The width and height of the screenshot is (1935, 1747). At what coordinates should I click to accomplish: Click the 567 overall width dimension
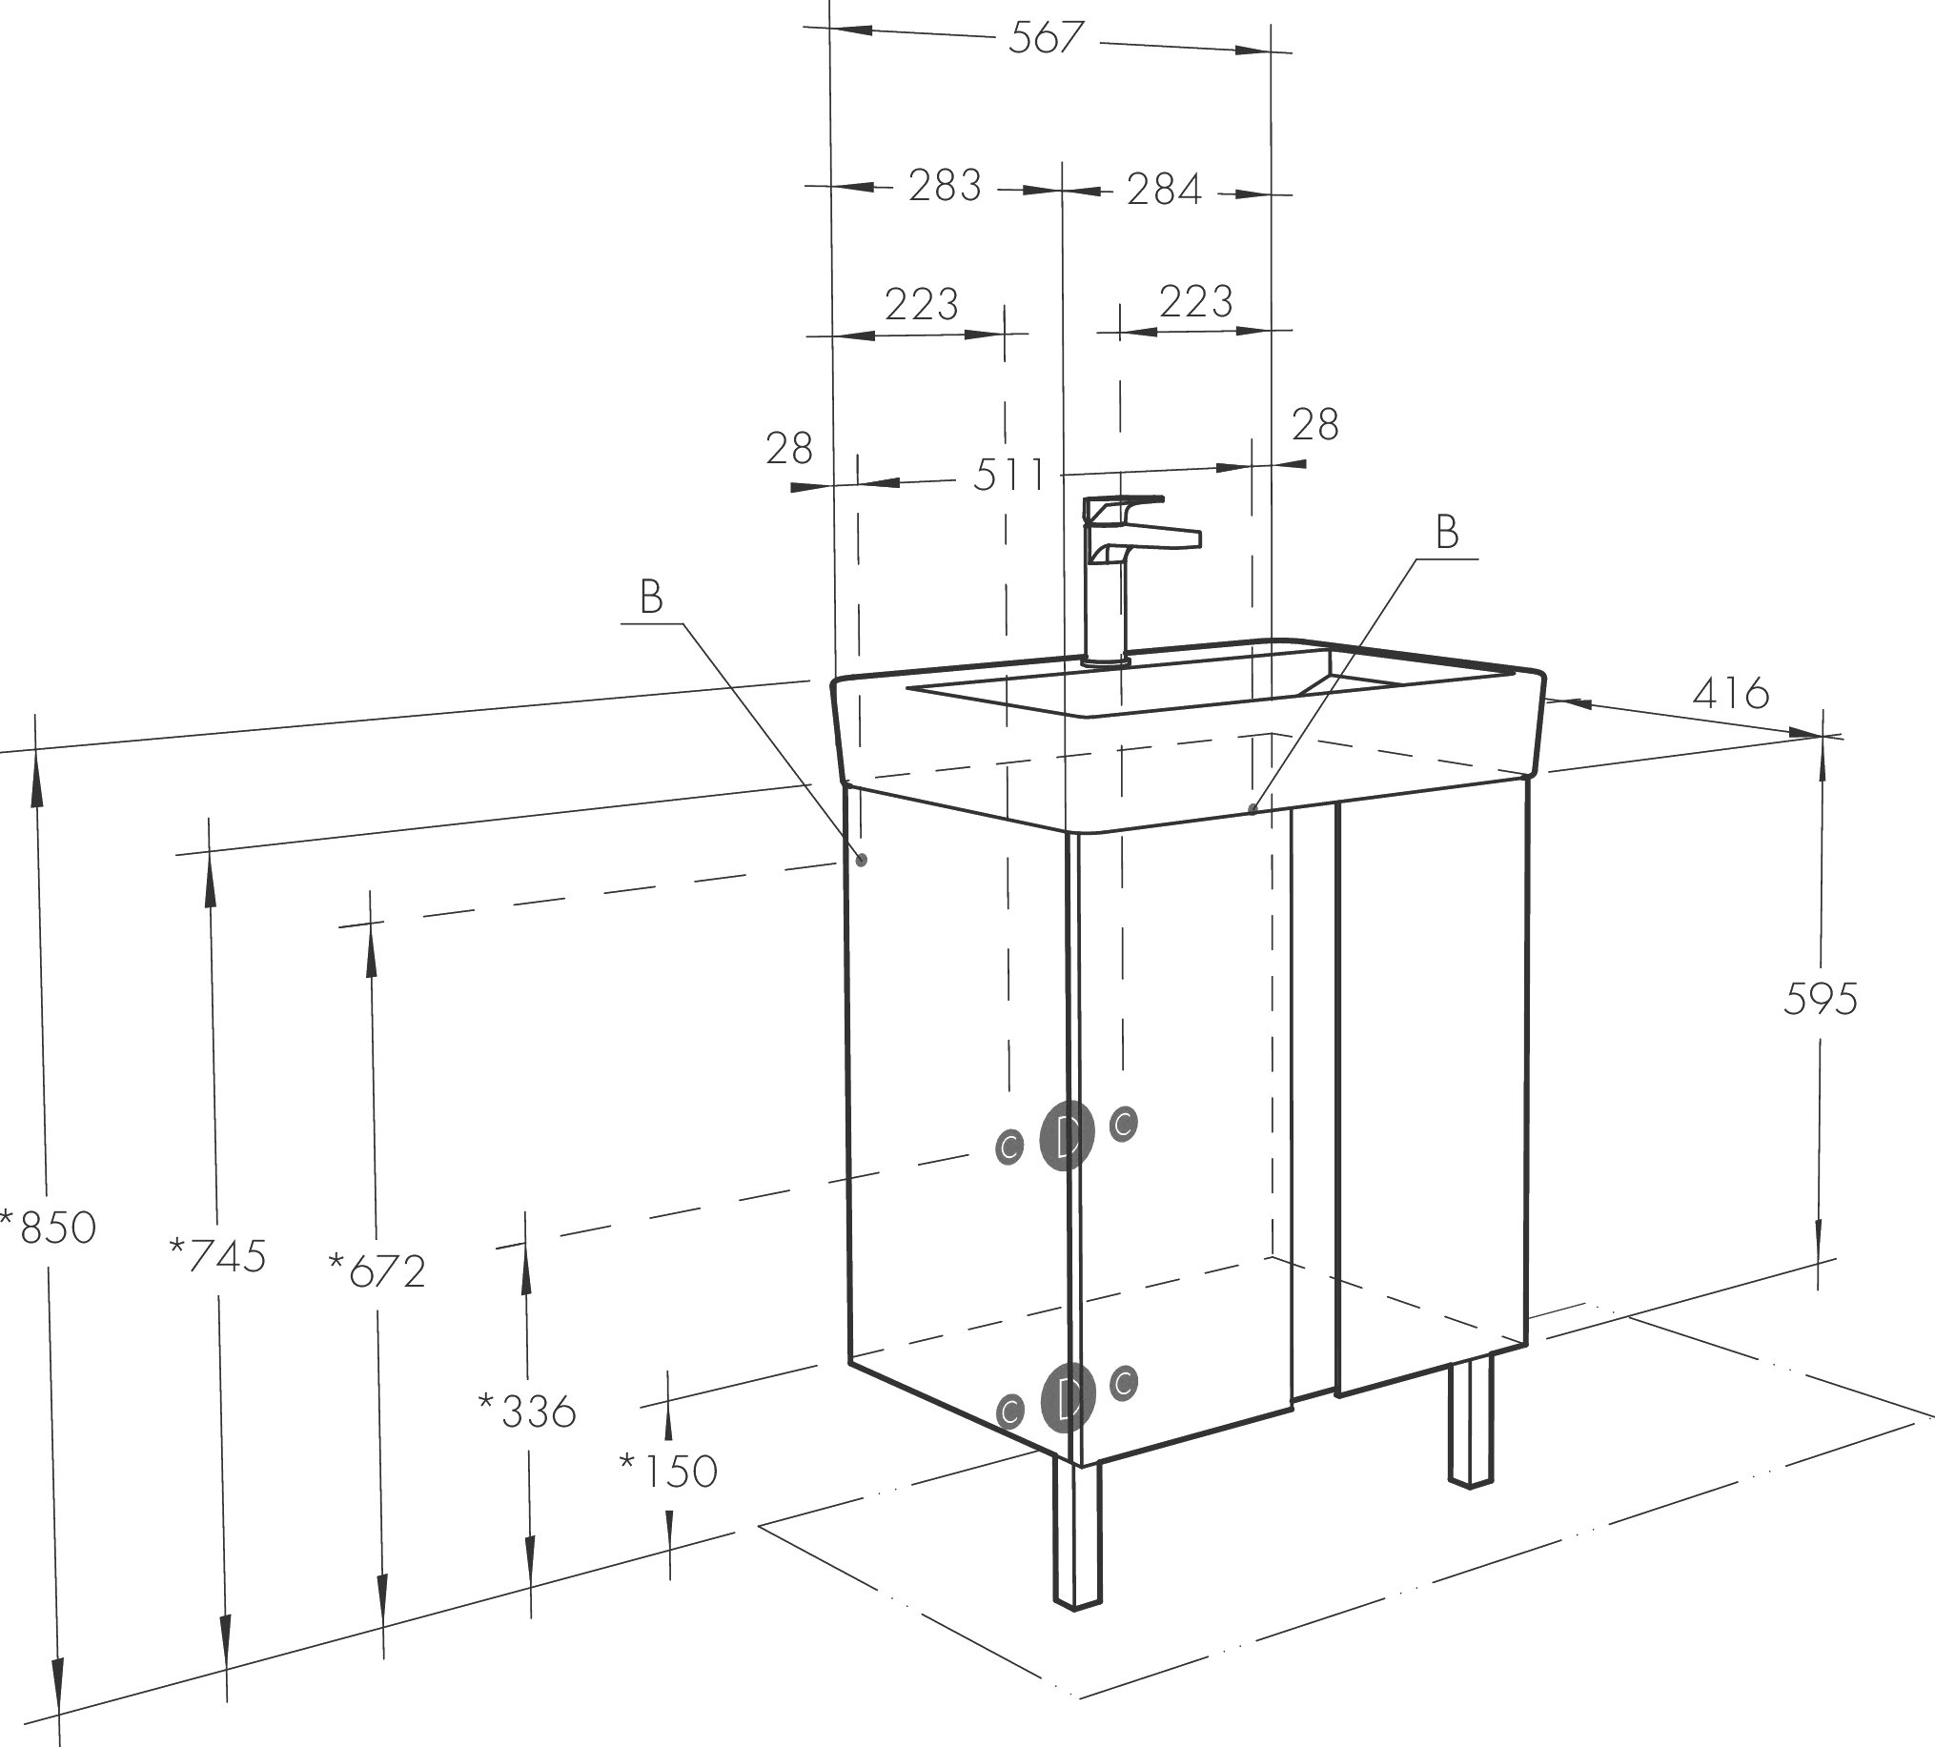[1047, 38]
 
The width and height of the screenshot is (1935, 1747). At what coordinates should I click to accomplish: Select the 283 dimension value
[946, 185]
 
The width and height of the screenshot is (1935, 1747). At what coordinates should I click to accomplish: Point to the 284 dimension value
[1163, 189]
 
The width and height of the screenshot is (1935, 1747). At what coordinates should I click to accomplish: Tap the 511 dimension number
[1008, 475]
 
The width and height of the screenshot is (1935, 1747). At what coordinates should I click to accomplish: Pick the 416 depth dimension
[1731, 692]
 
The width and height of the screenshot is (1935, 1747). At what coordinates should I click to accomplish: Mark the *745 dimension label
[217, 1255]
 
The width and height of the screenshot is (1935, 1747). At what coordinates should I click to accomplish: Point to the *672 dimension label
[377, 1271]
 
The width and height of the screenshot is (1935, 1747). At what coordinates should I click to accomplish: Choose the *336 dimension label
[527, 1411]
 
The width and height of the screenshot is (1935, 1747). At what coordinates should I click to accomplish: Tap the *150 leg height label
[668, 1471]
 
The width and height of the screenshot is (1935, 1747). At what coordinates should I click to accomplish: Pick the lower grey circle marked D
[1068, 1396]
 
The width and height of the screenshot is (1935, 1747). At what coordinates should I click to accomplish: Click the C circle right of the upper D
[1124, 1122]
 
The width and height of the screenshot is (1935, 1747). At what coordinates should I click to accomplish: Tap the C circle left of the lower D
[1008, 1411]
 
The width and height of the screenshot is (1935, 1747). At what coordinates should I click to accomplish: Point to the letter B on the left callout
[651, 597]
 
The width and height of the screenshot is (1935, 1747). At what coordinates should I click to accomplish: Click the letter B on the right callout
[1446, 532]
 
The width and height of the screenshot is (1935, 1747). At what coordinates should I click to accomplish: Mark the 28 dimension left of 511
[789, 448]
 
